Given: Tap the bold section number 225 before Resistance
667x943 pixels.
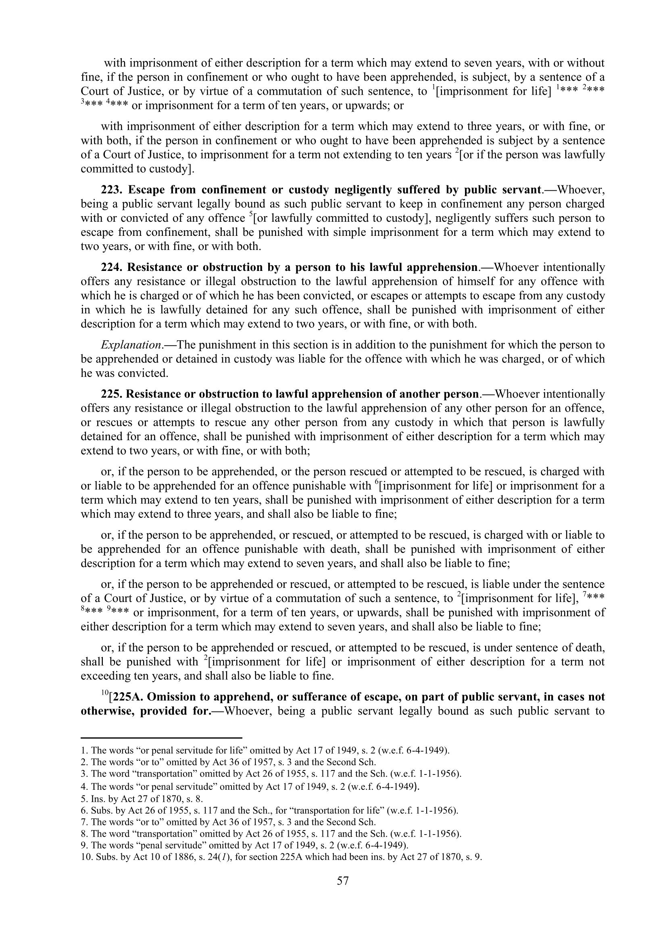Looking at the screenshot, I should [x=111, y=394].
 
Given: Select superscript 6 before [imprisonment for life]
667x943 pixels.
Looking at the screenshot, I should [x=377, y=483].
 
